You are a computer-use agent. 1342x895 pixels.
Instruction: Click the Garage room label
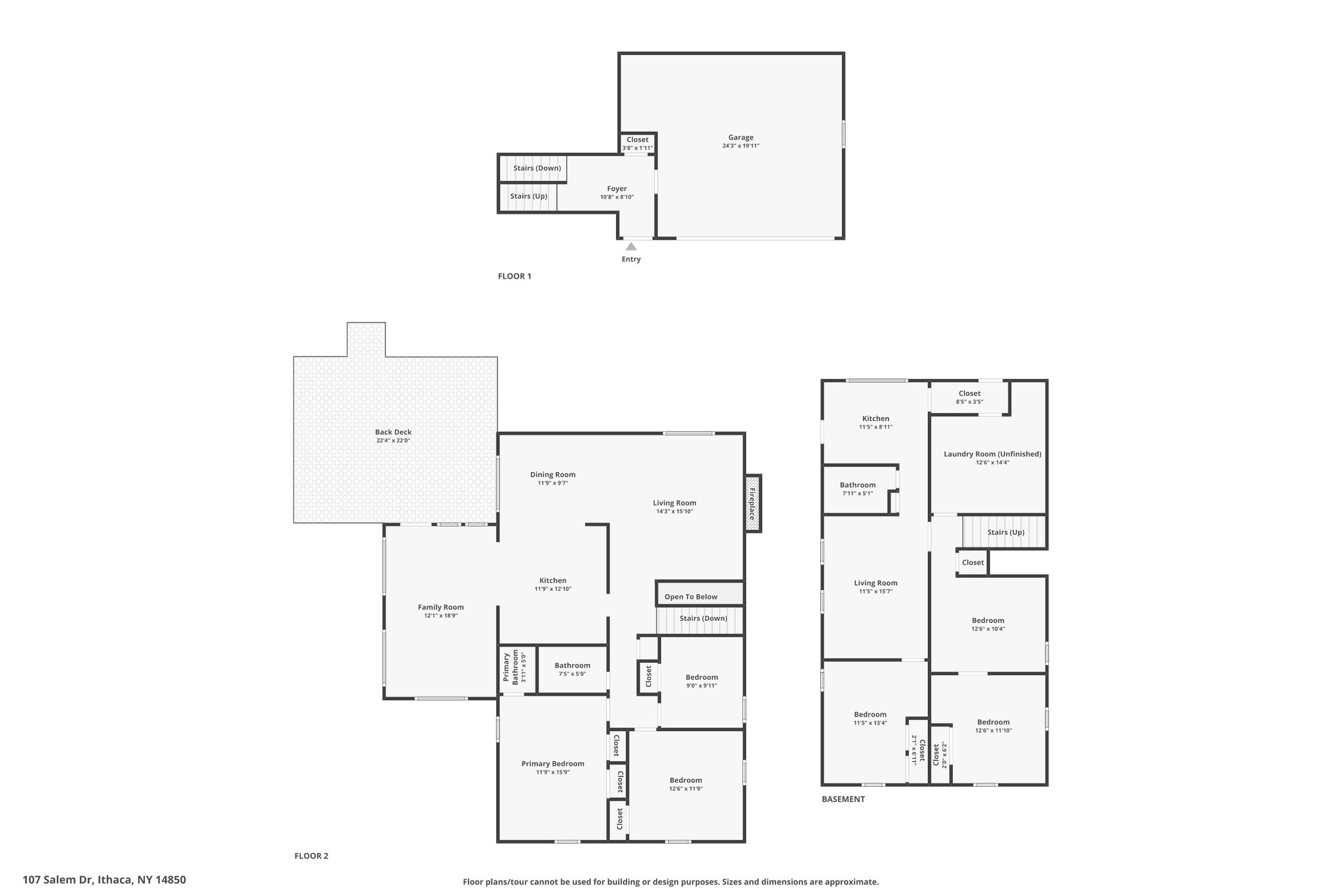[x=740, y=138]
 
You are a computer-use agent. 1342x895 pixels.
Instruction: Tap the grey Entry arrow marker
[x=631, y=247]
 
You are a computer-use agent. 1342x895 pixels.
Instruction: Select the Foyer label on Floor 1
[x=617, y=189]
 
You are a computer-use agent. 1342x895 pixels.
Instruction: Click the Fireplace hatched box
[x=753, y=504]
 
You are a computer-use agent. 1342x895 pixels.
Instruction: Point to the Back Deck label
[x=393, y=432]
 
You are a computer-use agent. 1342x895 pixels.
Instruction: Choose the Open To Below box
[x=700, y=593]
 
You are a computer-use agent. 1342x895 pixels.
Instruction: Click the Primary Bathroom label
[x=510, y=668]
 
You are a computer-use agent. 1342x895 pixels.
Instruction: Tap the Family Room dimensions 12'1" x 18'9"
[x=440, y=616]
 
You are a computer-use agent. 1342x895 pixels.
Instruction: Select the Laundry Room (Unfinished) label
[x=992, y=454]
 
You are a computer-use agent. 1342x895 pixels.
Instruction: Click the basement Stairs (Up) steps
[x=1004, y=532]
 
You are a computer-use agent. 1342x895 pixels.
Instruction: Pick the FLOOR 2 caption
[x=311, y=856]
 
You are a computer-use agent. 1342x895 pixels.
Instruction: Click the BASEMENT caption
[x=843, y=799]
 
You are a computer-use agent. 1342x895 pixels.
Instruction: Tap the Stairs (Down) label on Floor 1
[x=537, y=168]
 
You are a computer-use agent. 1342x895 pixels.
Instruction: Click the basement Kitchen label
[x=875, y=418]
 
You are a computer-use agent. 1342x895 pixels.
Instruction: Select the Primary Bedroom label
[x=552, y=763]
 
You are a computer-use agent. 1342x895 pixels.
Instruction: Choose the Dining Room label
[x=552, y=475]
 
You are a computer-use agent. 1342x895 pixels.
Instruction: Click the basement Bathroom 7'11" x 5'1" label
[x=857, y=489]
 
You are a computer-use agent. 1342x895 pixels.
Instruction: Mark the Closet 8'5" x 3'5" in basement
[x=969, y=397]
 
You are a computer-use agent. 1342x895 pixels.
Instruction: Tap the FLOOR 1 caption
[x=514, y=276]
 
